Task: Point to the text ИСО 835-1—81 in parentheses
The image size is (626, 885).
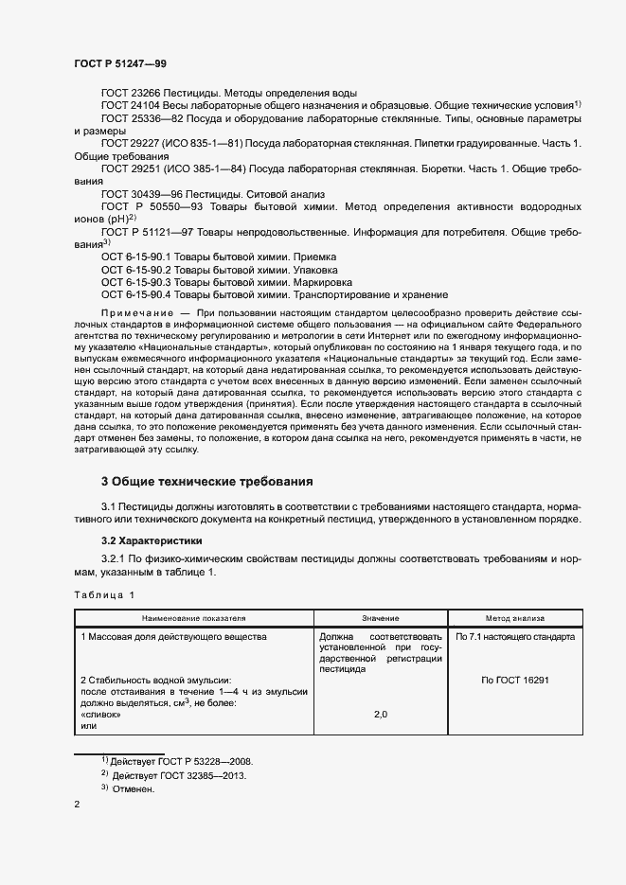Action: coord(204,143)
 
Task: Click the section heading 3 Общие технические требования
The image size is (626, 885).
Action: coord(206,481)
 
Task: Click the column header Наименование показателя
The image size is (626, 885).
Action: coord(194,617)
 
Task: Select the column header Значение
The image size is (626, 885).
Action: coord(380,617)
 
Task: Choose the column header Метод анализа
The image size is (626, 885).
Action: coord(514,617)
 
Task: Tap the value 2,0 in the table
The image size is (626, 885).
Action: coord(381,714)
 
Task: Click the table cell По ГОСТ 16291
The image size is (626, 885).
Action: coord(515,680)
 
